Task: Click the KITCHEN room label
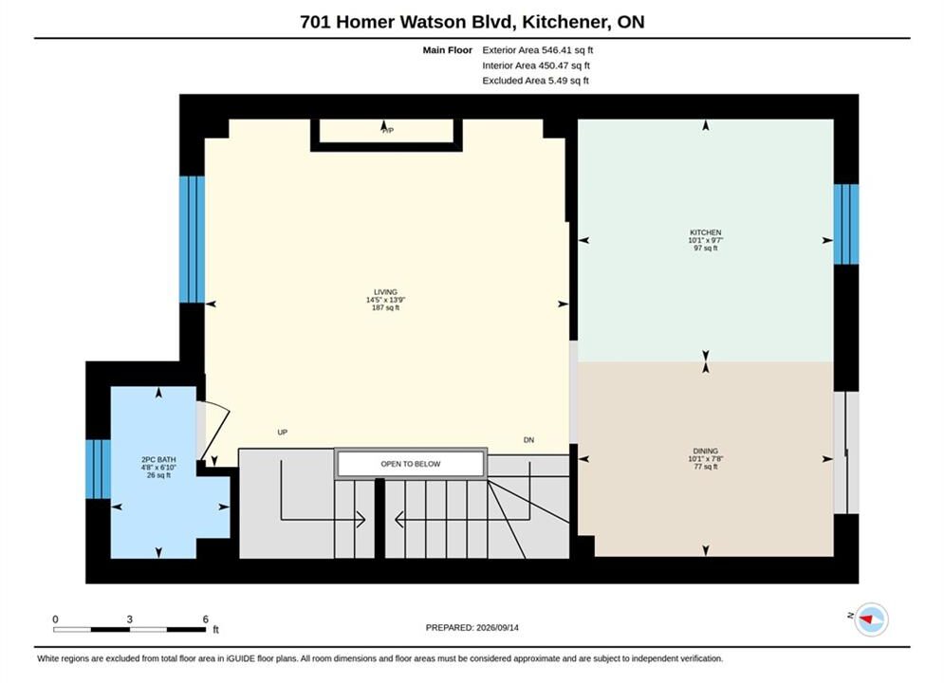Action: point(706,232)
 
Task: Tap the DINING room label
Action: point(706,451)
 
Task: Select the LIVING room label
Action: point(385,292)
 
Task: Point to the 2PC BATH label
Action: point(158,460)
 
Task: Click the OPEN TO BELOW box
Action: point(411,464)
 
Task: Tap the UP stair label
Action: point(283,432)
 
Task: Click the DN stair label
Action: point(528,440)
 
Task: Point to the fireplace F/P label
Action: point(388,131)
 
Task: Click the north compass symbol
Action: point(871,618)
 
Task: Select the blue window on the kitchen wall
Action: point(846,224)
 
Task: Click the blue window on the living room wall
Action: point(192,239)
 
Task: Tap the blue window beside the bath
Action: point(98,470)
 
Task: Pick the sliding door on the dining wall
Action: point(846,452)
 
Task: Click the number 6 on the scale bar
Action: point(205,619)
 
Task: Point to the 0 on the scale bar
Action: point(55,619)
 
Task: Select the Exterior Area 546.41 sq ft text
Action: point(538,50)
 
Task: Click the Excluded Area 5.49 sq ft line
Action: point(535,80)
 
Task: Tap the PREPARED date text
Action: point(472,627)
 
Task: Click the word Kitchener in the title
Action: point(565,22)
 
